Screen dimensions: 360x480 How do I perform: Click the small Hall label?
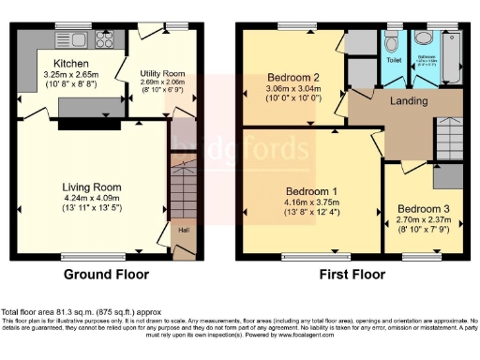click(184, 228)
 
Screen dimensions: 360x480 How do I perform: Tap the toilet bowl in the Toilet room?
click(392, 43)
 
